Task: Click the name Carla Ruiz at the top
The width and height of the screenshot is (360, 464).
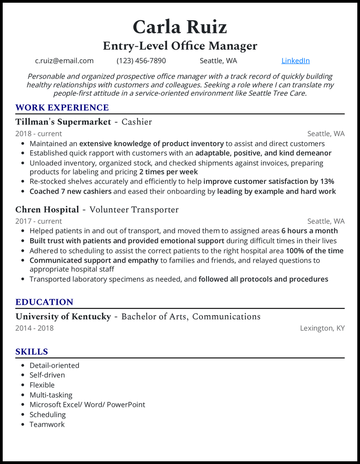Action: coord(180,27)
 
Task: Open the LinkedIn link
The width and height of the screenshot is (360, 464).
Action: coord(295,61)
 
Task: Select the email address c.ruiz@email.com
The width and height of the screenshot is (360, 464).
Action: coord(64,61)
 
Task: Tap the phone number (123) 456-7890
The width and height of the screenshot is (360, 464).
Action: coord(141,61)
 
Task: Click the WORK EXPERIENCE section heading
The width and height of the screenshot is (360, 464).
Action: coord(62,107)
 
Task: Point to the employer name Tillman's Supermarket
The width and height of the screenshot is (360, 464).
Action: coord(63,122)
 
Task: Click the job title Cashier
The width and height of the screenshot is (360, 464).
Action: coord(137,122)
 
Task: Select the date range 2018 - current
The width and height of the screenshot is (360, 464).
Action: coord(39,134)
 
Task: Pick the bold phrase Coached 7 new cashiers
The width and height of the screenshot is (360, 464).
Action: coord(71,192)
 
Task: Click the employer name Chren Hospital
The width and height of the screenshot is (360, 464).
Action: coord(47,210)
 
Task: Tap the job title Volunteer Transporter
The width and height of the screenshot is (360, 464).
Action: coord(134,210)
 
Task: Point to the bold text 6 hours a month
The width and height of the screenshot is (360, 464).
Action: coord(310,231)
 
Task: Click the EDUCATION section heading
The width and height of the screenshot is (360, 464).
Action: coord(44,302)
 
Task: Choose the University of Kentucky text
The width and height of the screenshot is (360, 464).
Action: coord(63,317)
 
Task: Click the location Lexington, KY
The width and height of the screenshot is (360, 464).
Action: coord(322,328)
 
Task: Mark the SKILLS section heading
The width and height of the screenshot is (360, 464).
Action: coord(31,352)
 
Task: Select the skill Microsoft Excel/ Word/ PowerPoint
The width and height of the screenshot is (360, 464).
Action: coord(87,405)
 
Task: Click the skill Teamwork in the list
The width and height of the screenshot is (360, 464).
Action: coord(47,424)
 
